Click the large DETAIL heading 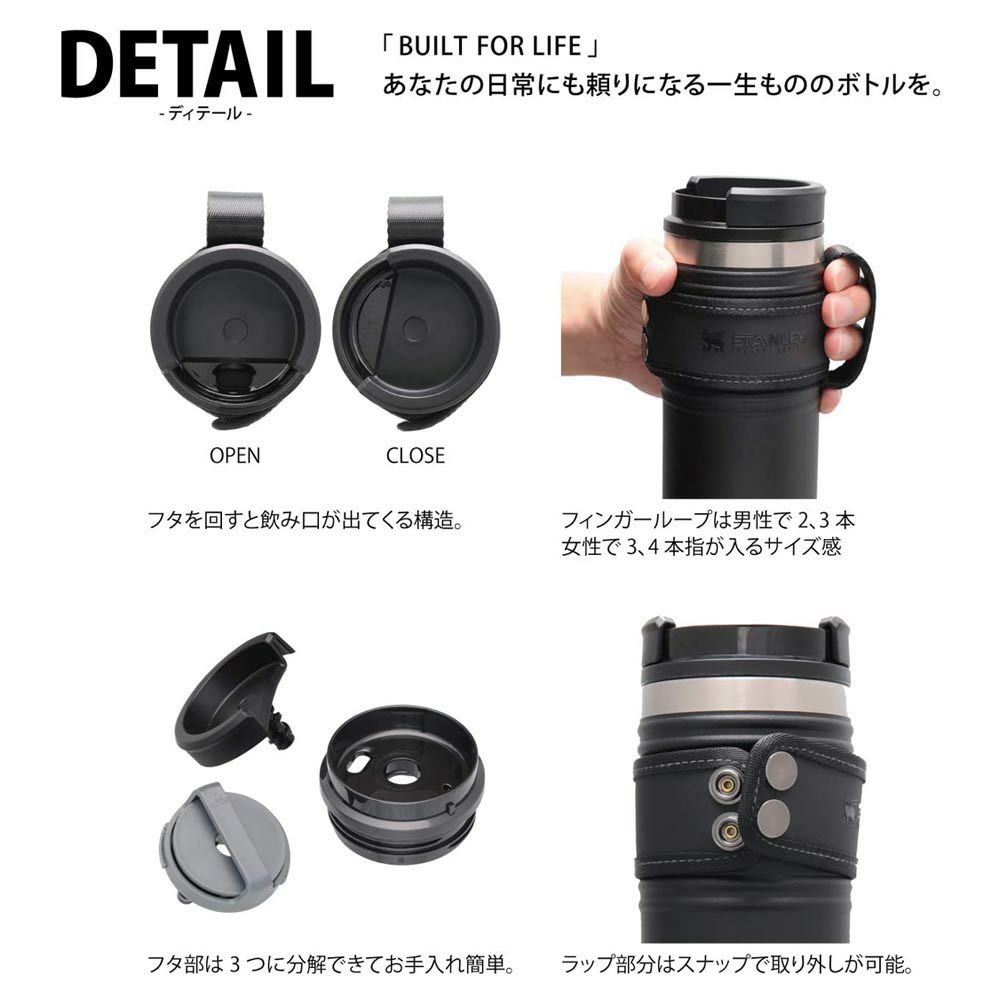tap(198, 64)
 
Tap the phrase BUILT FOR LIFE tap(490, 47)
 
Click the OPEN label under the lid tap(235, 455)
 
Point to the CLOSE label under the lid tap(415, 455)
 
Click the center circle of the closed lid tap(415, 329)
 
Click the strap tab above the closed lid tap(416, 221)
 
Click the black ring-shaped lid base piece tap(392, 776)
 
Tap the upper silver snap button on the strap tap(781, 768)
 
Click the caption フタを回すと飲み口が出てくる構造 tap(304, 520)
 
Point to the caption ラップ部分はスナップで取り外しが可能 tap(737, 964)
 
